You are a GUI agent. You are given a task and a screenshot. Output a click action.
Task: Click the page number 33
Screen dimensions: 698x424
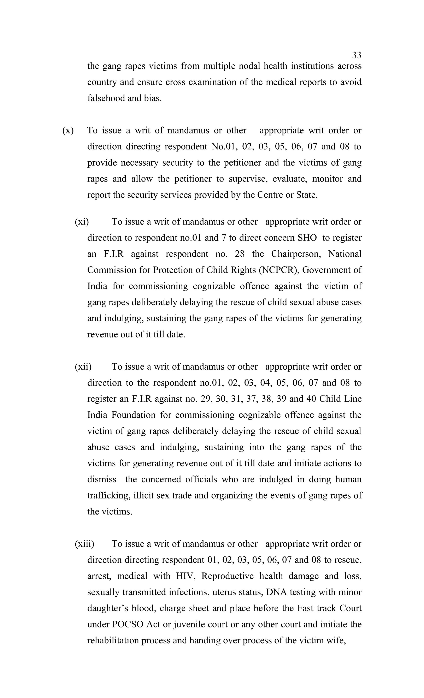pos(356,55)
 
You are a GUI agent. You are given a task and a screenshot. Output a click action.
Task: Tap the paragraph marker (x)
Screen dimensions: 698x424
pos(68,131)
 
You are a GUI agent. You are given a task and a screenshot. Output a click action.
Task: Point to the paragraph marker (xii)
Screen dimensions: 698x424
pos(83,367)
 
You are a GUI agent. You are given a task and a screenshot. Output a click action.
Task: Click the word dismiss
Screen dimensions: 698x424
pos(101,479)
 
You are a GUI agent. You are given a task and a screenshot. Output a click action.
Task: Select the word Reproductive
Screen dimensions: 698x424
pos(227,576)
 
